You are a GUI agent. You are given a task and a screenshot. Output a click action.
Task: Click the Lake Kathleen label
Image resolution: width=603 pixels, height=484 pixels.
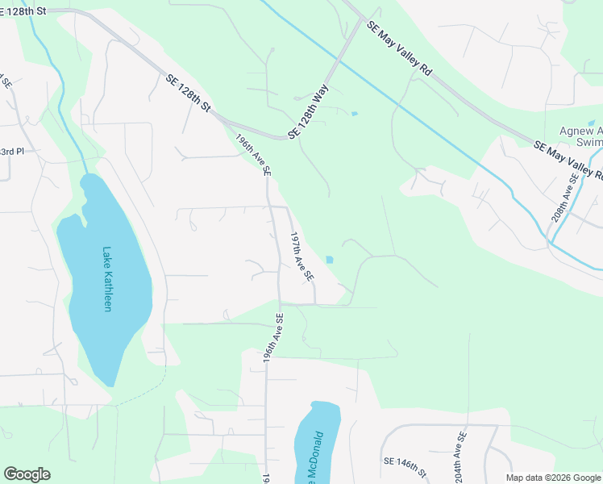(106, 279)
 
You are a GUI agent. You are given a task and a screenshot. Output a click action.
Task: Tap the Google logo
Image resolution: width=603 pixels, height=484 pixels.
(27, 474)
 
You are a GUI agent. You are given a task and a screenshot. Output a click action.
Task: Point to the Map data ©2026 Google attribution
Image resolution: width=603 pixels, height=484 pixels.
(551, 478)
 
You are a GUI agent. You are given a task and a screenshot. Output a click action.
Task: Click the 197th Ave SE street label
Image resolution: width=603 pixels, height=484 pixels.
(301, 257)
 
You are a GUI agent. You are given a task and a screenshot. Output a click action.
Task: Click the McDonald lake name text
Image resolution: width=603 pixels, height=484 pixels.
(318, 456)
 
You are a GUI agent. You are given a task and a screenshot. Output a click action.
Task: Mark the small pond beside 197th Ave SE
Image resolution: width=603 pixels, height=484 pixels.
(329, 259)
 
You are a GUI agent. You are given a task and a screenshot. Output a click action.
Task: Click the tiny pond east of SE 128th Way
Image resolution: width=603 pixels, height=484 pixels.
(354, 113)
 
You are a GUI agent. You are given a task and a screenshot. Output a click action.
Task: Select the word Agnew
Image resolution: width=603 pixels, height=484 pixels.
(580, 131)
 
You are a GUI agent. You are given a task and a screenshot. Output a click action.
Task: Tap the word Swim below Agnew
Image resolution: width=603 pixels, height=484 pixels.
(589, 143)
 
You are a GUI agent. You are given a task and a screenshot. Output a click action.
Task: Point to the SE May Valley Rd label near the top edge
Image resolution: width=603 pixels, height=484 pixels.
(399, 48)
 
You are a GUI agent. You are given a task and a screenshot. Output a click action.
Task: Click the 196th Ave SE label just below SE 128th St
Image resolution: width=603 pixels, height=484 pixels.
(253, 155)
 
